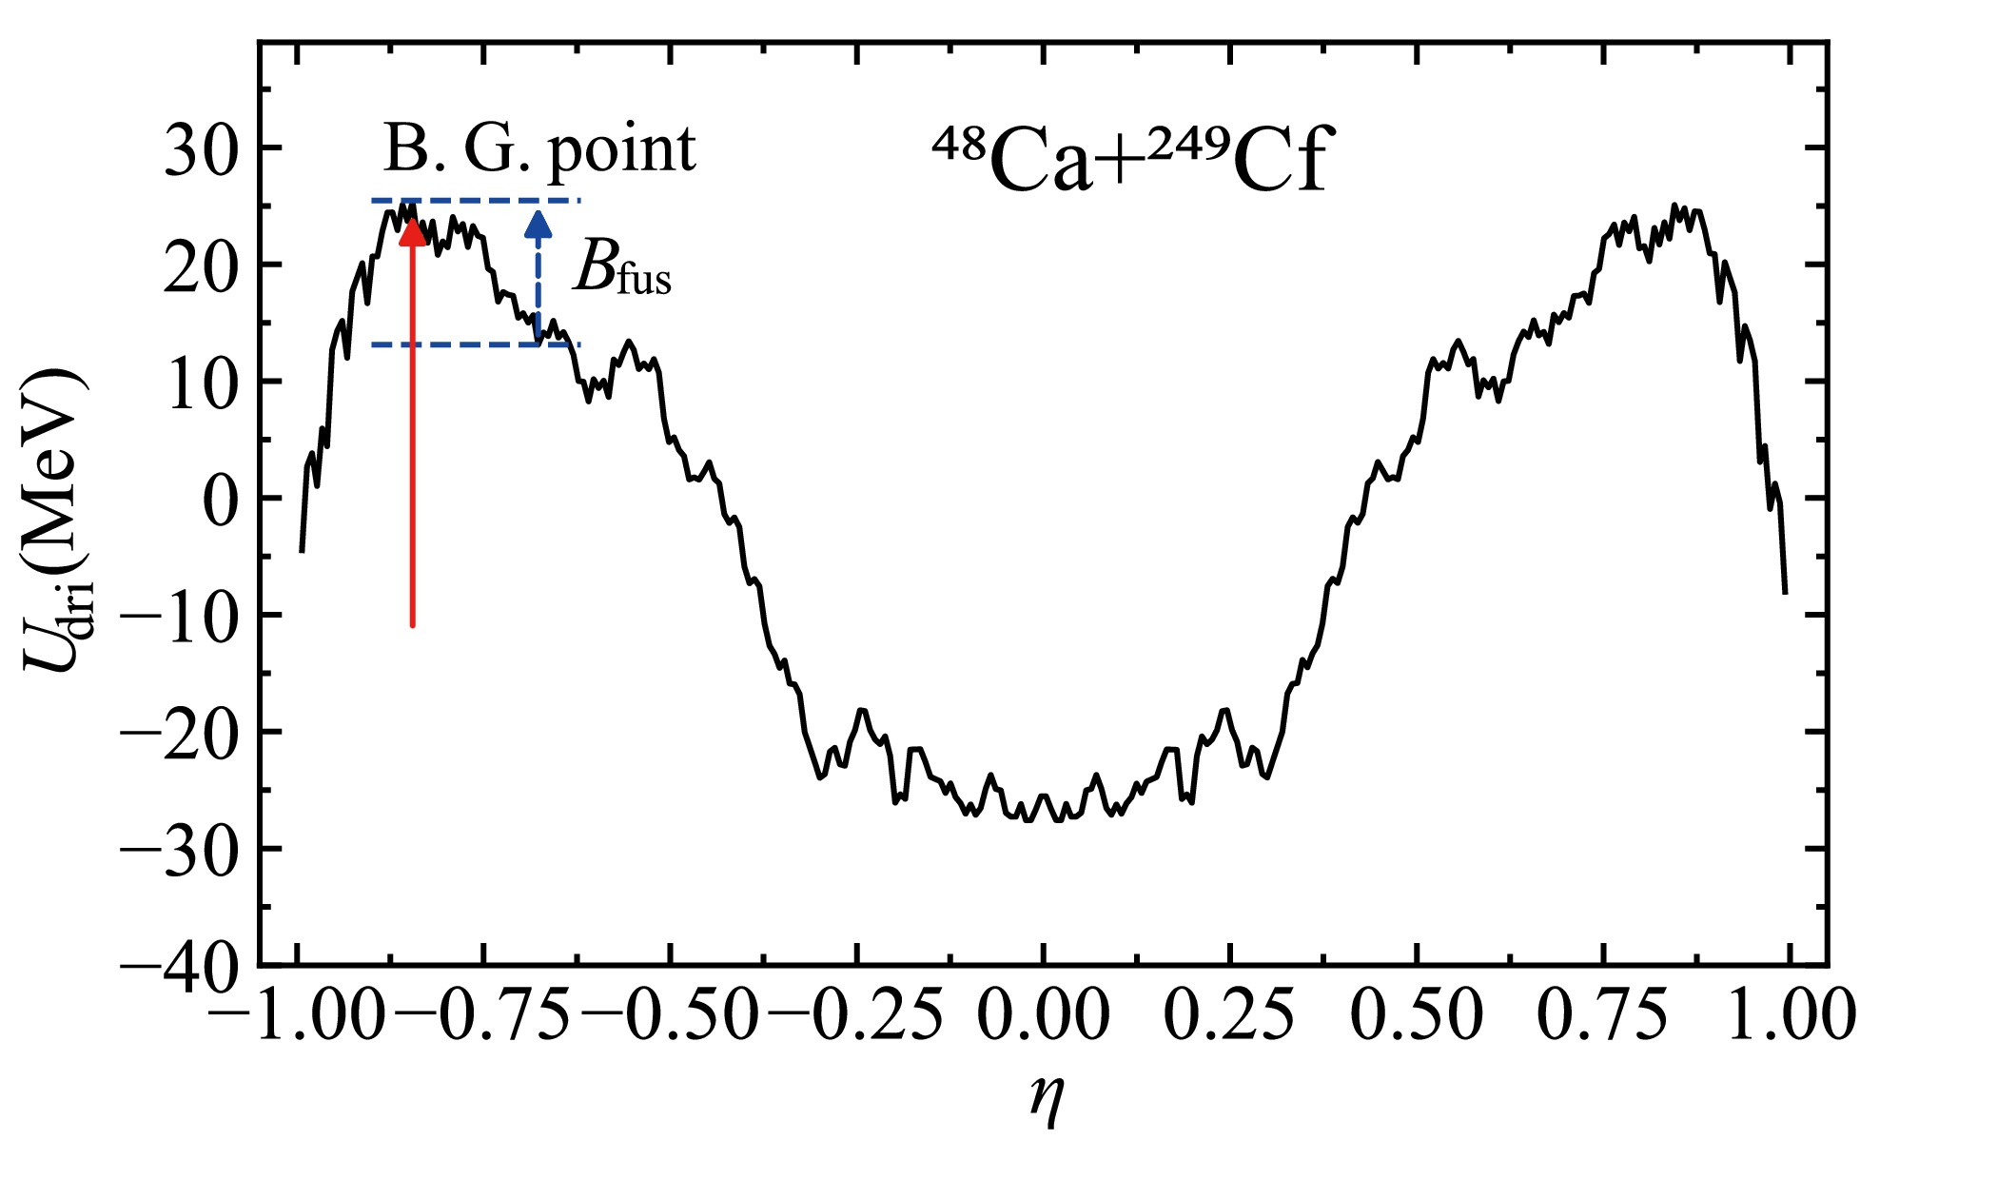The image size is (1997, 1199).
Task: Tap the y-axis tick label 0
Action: click(223, 501)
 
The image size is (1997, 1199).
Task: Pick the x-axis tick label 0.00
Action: click(1044, 1015)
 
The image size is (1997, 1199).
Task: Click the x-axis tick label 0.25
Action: click(1229, 1015)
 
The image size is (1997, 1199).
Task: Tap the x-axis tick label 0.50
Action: click(1417, 1015)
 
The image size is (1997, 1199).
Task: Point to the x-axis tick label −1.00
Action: click(298, 1015)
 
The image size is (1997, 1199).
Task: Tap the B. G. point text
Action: click(539, 149)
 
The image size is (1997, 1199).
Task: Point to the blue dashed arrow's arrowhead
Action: click(538, 225)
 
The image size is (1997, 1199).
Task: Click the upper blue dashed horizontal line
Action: click(476, 201)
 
